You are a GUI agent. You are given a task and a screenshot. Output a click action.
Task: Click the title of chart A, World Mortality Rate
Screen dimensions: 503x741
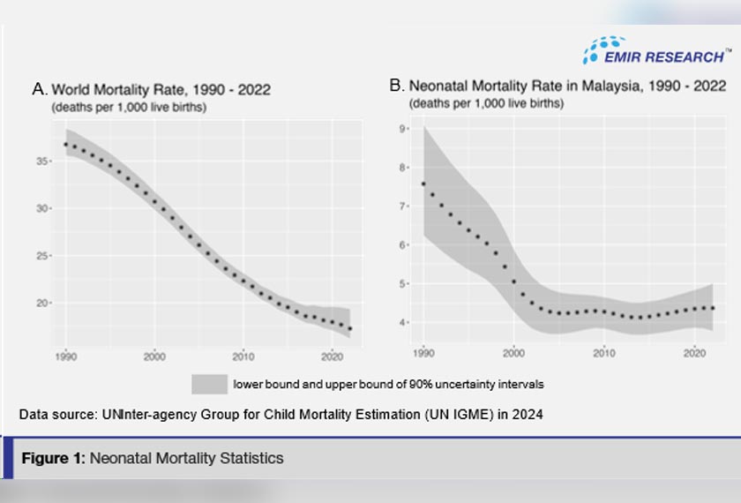(x=151, y=89)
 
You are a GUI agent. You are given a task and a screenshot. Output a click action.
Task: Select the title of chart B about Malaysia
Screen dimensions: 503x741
(x=558, y=86)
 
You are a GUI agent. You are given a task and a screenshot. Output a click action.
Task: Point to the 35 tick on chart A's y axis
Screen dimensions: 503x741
(x=44, y=161)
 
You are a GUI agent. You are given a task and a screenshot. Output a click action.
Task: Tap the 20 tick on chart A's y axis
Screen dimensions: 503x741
(x=44, y=303)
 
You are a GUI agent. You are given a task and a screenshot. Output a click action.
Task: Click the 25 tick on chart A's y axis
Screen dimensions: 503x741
(x=44, y=256)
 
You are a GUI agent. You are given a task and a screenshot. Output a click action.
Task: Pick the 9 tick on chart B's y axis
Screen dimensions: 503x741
(x=400, y=129)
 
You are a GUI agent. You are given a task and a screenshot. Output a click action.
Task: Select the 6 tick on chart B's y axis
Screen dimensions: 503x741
(x=400, y=244)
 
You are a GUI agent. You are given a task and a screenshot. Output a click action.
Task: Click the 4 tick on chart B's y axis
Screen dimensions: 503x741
(x=400, y=322)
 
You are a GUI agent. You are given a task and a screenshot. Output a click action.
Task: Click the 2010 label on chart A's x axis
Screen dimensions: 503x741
(x=243, y=357)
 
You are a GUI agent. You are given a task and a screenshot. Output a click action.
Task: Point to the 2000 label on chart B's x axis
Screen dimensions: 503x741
(x=513, y=353)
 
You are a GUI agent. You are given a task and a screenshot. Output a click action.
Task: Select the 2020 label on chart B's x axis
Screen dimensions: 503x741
(x=693, y=353)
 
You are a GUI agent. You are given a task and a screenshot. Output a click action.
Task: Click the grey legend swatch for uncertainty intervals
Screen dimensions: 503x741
(x=209, y=384)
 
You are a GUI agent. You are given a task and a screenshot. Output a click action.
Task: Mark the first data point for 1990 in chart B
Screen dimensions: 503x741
(x=423, y=184)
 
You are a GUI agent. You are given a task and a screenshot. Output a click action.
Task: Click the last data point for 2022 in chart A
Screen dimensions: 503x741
(x=350, y=328)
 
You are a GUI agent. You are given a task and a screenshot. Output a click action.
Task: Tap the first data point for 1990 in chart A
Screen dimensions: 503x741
(x=66, y=144)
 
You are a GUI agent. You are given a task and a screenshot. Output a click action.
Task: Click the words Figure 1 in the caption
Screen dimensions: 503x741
(x=52, y=458)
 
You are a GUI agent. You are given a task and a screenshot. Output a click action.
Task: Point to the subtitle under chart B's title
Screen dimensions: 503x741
(x=486, y=103)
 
